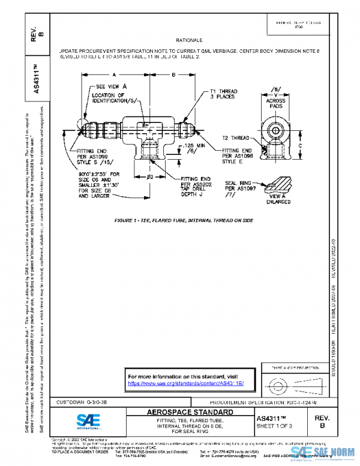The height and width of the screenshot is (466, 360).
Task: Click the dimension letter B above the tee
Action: point(174,76)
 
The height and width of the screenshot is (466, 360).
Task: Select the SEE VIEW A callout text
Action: point(112,86)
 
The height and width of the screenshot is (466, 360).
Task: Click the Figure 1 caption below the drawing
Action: point(184,220)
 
